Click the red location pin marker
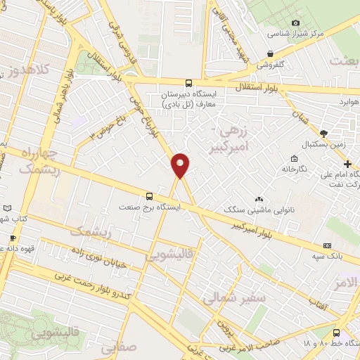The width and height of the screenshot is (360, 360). [x=181, y=165]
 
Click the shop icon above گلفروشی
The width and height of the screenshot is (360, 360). [x=271, y=53]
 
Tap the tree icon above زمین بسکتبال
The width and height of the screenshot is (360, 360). [x=323, y=132]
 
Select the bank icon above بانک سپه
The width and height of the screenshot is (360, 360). [x=327, y=245]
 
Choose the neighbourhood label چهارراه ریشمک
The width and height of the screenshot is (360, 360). [x=34, y=161]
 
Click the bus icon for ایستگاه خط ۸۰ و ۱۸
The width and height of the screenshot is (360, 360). [x=336, y=333]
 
